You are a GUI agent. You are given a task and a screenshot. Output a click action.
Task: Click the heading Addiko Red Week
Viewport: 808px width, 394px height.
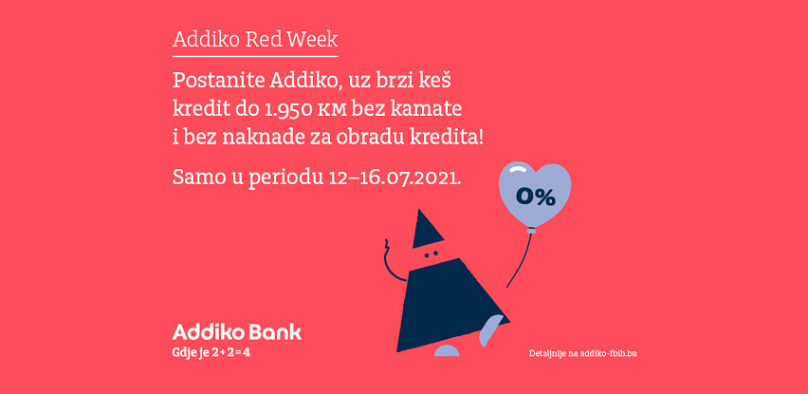coord(255,39)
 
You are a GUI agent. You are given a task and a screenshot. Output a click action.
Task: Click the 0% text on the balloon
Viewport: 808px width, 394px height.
coord(536,197)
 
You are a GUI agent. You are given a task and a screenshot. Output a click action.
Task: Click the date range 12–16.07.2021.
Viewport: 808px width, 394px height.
coord(395,177)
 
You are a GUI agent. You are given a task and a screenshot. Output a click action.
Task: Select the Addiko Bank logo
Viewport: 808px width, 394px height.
coord(236,332)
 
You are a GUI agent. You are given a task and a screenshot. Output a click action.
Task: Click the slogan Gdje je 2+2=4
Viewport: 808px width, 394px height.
coord(213,354)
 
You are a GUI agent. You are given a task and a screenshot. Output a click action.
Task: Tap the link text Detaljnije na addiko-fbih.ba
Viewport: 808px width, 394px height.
coord(583,354)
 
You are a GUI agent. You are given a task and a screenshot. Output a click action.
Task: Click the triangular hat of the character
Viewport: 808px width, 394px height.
coord(428,230)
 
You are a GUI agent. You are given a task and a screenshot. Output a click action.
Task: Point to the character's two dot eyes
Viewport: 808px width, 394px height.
coord(431,253)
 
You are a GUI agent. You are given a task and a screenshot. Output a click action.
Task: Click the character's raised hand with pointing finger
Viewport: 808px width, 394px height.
coord(387,248)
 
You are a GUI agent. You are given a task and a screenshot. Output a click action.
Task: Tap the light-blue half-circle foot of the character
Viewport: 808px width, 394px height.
coord(447,351)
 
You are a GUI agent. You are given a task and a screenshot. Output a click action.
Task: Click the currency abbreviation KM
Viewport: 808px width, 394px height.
coord(331,111)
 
